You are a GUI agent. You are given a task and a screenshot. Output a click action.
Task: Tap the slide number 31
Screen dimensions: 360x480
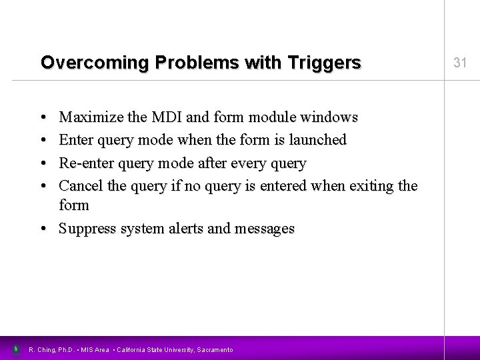point(459,63)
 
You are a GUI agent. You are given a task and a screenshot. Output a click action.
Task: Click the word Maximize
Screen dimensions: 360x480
point(88,118)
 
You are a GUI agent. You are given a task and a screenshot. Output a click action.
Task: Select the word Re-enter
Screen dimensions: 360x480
point(85,163)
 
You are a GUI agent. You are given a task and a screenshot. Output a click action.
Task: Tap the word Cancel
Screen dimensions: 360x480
point(80,185)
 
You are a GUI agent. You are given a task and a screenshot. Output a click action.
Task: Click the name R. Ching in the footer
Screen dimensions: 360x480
point(42,349)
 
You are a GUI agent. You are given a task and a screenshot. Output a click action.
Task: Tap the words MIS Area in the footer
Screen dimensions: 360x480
point(95,349)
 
